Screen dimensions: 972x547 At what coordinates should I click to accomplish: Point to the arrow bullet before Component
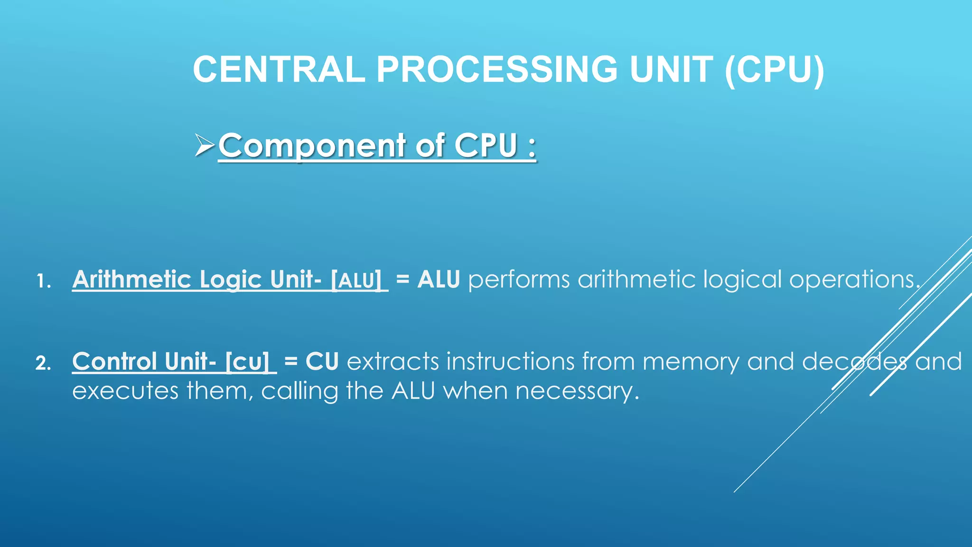coord(205,145)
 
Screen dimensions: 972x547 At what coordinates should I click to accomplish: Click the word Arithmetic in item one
coord(131,279)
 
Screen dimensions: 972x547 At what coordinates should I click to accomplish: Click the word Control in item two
coord(114,362)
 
